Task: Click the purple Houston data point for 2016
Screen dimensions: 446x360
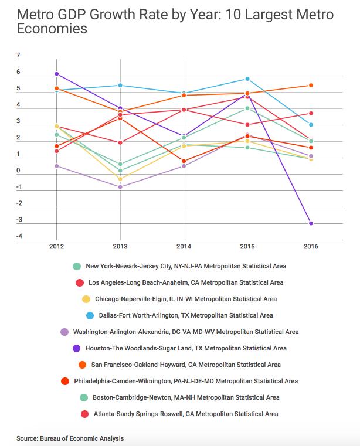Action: (x=311, y=223)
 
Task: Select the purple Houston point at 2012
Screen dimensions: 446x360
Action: (x=57, y=74)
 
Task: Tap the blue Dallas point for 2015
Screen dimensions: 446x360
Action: (x=247, y=79)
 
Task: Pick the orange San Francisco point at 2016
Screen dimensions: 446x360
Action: (x=311, y=86)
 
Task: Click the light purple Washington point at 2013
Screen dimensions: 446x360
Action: (x=120, y=187)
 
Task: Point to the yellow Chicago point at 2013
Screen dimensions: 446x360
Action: (x=120, y=179)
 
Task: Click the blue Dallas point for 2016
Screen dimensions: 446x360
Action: (x=311, y=125)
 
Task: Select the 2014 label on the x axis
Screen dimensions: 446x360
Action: (x=184, y=246)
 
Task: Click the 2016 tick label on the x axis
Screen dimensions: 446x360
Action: (x=311, y=246)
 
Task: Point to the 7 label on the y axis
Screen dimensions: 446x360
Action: (x=18, y=56)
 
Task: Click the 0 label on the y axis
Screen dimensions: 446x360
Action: (x=18, y=171)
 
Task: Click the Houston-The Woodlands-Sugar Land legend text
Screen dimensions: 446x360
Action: (x=186, y=348)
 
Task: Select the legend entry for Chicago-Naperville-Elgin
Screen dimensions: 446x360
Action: (x=185, y=299)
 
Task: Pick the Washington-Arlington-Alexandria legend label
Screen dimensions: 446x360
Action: (x=186, y=332)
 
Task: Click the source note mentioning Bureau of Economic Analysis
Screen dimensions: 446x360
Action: (x=70, y=438)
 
